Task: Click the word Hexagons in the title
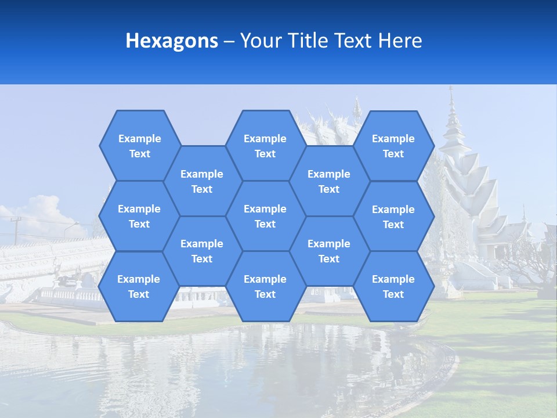(x=172, y=41)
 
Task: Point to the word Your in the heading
(x=261, y=41)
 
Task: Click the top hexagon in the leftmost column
(x=139, y=146)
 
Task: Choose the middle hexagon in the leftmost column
(x=139, y=216)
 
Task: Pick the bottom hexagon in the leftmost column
(x=139, y=286)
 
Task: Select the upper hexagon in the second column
(x=202, y=181)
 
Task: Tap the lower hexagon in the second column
(x=202, y=251)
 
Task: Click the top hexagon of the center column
(x=265, y=146)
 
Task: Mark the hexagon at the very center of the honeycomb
(x=265, y=216)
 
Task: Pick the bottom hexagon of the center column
(x=265, y=286)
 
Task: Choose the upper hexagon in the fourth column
(x=329, y=181)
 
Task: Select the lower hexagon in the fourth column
(x=329, y=251)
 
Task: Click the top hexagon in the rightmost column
(x=393, y=146)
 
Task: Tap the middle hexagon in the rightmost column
(x=393, y=217)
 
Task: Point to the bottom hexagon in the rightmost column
(x=393, y=286)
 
